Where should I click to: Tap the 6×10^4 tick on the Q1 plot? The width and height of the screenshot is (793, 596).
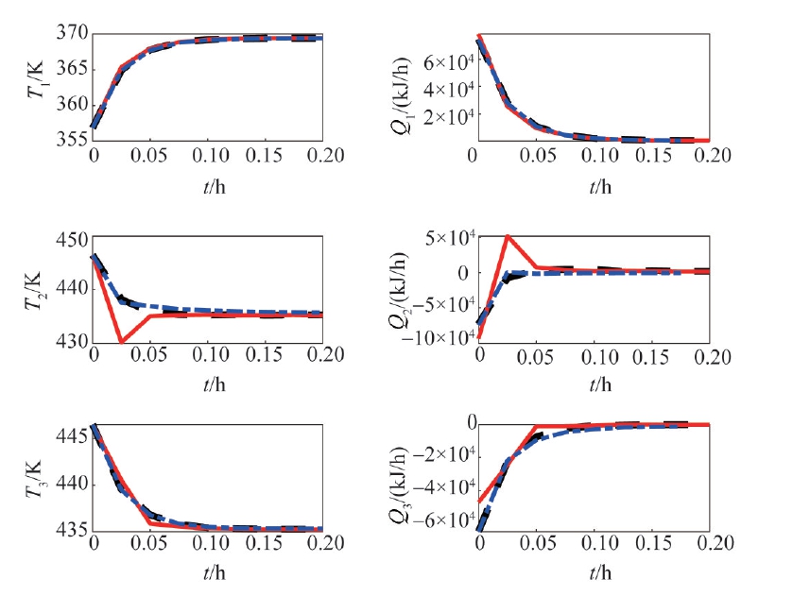[453, 62]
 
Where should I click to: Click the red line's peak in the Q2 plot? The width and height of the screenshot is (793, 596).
[509, 236]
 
